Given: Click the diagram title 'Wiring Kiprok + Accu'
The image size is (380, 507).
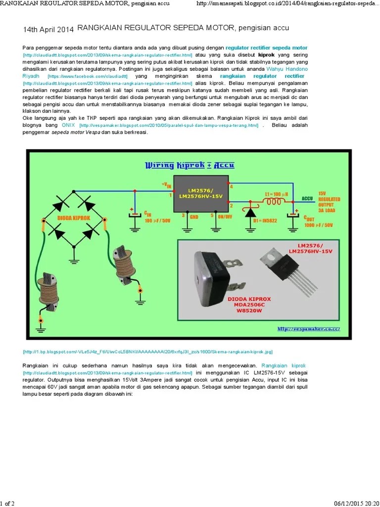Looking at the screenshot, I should tap(189, 165).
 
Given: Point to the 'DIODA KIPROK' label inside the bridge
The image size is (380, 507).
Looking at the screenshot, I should tap(74, 217).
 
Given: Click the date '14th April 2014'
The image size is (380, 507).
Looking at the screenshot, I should tap(48, 30).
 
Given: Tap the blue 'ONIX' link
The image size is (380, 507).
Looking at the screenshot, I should tap(68, 126).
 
